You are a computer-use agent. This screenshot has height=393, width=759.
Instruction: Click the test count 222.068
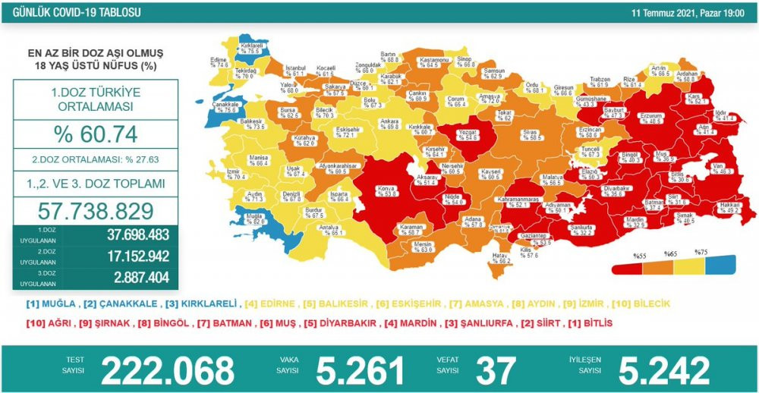tap(168, 370)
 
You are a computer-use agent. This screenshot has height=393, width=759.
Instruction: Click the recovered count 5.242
tap(664, 370)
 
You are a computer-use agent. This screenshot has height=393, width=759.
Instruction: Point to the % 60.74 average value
tap(96, 135)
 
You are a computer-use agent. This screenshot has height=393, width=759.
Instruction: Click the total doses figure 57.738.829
tap(96, 210)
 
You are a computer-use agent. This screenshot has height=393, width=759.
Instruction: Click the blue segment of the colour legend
tap(720, 264)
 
